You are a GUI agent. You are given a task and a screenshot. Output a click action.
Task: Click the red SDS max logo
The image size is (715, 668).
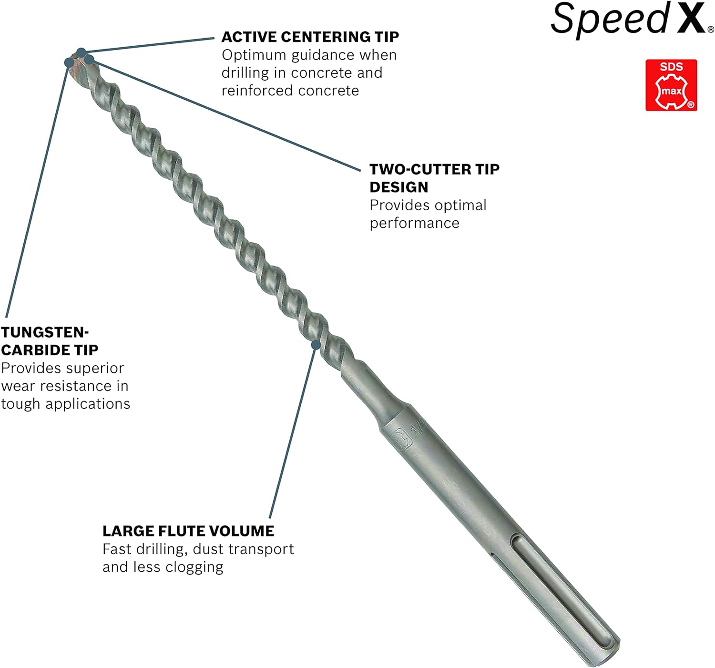[x=671, y=85]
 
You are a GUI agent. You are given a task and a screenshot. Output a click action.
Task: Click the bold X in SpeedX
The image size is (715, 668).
[x=691, y=17]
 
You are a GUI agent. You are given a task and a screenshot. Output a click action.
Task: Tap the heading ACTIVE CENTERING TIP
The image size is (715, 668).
[x=310, y=37]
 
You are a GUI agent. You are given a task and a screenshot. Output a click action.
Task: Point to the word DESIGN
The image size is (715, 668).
[x=399, y=187]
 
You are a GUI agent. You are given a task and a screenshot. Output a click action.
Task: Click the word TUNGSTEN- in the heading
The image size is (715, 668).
[x=45, y=332]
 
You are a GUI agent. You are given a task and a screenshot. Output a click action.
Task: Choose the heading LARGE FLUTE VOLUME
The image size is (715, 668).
[x=188, y=531]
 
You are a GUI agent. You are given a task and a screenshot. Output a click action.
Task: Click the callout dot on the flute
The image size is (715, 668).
[x=316, y=345]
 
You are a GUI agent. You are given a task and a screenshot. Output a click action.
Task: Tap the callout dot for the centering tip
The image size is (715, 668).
[x=82, y=52]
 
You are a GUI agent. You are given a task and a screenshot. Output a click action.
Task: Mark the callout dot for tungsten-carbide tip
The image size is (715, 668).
[x=69, y=62]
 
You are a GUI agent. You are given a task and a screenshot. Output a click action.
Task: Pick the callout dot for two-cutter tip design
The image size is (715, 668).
[x=89, y=60]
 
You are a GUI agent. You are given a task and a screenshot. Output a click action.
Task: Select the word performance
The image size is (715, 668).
[x=414, y=224]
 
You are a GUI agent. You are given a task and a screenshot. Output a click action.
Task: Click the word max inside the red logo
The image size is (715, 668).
[x=672, y=91]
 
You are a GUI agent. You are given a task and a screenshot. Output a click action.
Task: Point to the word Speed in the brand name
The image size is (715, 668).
[x=610, y=19]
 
